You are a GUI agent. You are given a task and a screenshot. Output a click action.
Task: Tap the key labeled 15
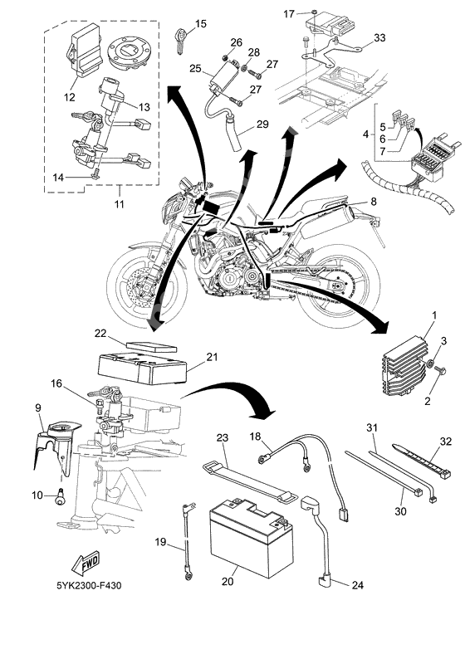point(181,39)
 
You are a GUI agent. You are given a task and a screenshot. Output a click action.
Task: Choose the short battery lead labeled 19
point(184,544)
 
